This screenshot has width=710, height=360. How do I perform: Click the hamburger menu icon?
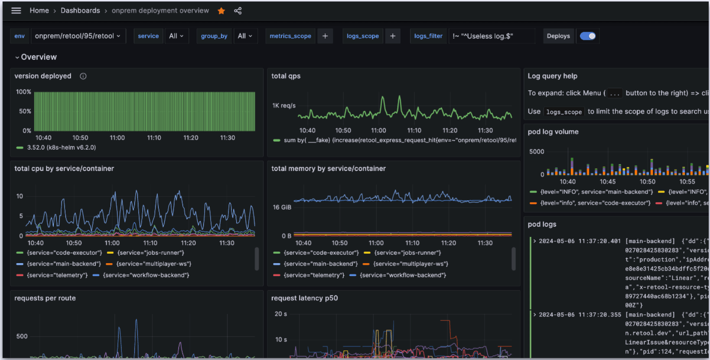click(16, 10)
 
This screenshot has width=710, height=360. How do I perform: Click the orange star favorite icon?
click(221, 11)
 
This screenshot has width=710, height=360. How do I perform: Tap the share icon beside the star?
click(238, 11)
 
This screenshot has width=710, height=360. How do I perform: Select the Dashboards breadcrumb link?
click(80, 10)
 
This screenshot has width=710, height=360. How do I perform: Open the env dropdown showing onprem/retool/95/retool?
click(78, 36)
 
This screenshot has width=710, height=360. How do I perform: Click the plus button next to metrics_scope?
click(325, 36)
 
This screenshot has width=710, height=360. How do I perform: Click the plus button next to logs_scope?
click(393, 36)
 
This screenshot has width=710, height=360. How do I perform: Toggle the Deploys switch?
click(588, 36)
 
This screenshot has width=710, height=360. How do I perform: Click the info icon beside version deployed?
click(83, 76)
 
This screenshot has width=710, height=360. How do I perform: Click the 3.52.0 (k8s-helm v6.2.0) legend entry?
click(61, 147)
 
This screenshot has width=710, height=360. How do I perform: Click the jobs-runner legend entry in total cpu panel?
click(150, 253)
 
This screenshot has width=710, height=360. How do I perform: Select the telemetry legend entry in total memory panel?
click(314, 275)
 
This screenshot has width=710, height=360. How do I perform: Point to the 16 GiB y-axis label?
click(282, 207)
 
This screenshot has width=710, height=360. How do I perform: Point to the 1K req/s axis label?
click(284, 105)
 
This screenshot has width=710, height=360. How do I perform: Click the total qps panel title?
click(286, 76)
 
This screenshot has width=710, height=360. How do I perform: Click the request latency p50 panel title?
click(304, 298)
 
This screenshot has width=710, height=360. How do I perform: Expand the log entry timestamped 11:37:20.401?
click(535, 241)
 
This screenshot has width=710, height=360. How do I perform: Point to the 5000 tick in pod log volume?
click(537, 151)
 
